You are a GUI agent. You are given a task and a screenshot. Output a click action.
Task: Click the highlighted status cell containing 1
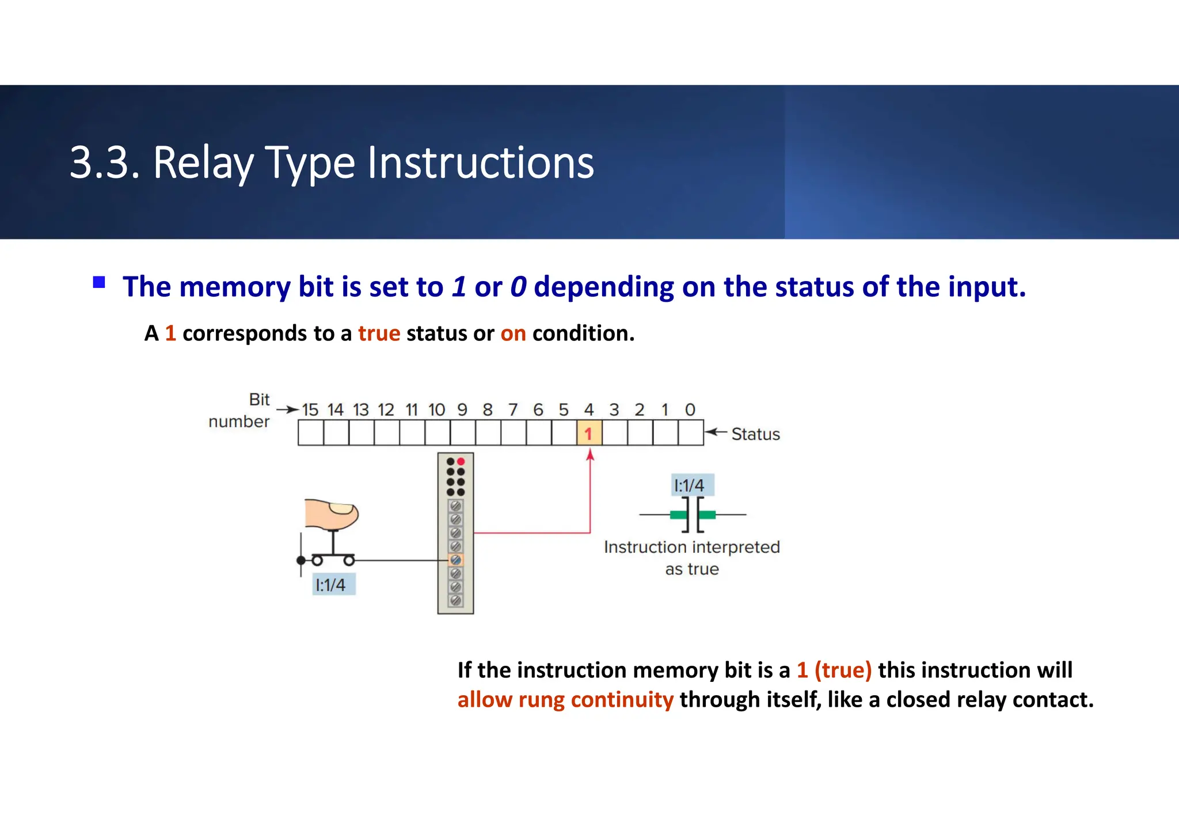589,433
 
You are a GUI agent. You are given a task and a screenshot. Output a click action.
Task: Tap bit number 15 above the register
310,410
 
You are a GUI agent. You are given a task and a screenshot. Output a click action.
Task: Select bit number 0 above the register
690,410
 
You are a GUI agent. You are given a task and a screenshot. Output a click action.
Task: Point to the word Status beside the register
755,434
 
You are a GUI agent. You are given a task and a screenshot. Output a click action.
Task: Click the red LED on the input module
461,461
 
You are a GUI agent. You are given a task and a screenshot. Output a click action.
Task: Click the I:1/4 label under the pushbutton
331,585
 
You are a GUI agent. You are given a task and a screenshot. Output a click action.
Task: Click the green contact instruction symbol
693,514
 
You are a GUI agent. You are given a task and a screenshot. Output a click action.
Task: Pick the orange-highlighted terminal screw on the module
455,559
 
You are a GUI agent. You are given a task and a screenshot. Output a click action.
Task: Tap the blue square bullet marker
99,282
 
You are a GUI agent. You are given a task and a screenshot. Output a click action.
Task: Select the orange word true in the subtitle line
379,333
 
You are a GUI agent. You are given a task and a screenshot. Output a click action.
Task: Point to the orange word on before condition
513,333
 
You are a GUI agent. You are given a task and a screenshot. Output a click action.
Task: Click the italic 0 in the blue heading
518,287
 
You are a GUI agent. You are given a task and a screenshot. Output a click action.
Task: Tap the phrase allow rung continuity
565,700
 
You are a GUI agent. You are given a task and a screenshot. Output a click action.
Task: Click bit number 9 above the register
462,410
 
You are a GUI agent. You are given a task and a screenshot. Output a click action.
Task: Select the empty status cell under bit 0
690,433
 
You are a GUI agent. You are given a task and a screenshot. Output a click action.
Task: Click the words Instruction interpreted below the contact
691,547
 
